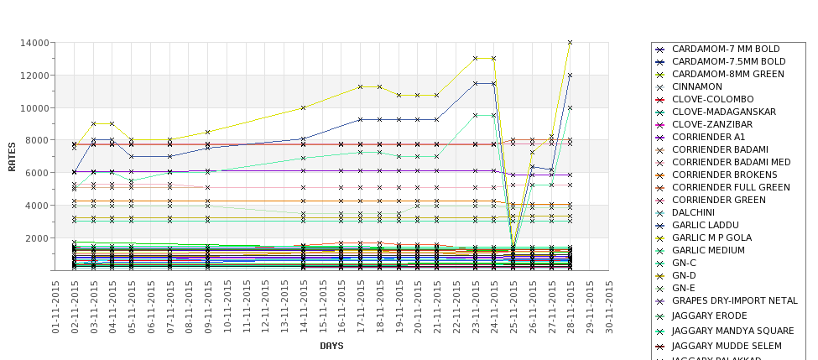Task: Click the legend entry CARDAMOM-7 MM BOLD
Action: pyautogui.click(x=726, y=49)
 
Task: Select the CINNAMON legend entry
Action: pyautogui.click(x=696, y=86)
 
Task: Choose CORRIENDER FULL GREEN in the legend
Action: pyautogui.click(x=731, y=187)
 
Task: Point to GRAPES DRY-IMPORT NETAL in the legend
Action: pyautogui.click(x=735, y=300)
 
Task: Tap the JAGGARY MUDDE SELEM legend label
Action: pyautogui.click(x=727, y=346)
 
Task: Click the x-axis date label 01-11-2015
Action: pyautogui.click(x=55, y=307)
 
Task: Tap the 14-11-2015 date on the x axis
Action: pyautogui.click(x=303, y=307)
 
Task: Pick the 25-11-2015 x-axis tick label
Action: pyautogui.click(x=513, y=307)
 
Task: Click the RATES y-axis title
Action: pyautogui.click(x=12, y=156)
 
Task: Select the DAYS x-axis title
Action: pyautogui.click(x=331, y=346)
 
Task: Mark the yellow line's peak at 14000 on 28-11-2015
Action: pyautogui.click(x=571, y=42)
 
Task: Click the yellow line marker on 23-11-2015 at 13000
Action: pyautogui.click(x=475, y=59)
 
